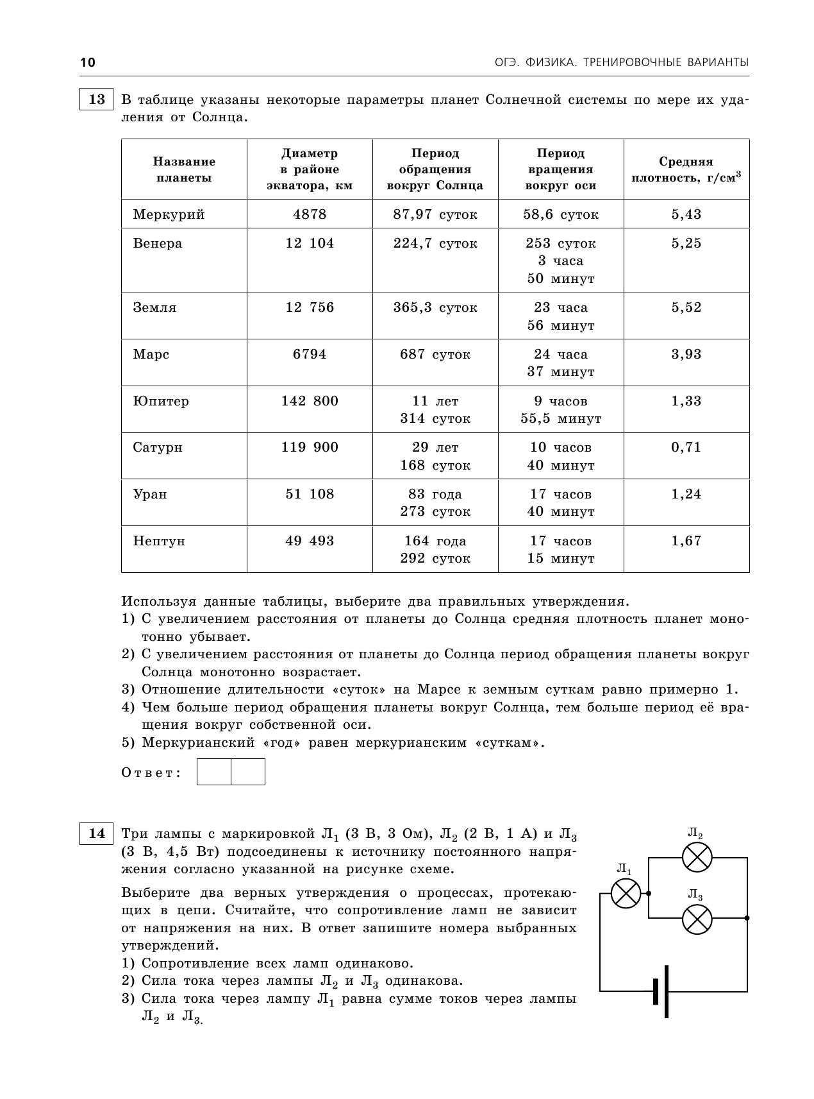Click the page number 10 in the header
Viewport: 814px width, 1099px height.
88,62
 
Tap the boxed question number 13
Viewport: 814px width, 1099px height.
97,99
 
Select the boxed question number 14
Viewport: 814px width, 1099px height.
97,833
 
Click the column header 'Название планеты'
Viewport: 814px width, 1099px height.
184,169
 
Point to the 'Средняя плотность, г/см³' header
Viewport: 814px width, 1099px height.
686,169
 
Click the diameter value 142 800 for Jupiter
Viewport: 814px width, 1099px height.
310,401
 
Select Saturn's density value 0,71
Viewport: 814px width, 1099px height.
686,447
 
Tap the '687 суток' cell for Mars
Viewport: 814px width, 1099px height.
435,354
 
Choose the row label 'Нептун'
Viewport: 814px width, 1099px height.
160,541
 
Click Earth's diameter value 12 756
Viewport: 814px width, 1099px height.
310,307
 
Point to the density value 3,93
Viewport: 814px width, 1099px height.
686,354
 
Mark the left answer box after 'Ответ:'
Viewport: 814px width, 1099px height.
214,772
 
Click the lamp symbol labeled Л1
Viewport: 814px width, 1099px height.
626,894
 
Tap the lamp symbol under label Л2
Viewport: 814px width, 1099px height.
697,857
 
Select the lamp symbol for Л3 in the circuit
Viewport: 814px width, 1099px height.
697,919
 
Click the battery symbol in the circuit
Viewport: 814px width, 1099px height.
661,991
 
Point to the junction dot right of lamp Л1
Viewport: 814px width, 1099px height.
649,893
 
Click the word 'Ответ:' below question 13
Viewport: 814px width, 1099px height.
152,772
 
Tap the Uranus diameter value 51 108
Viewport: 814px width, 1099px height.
310,494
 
